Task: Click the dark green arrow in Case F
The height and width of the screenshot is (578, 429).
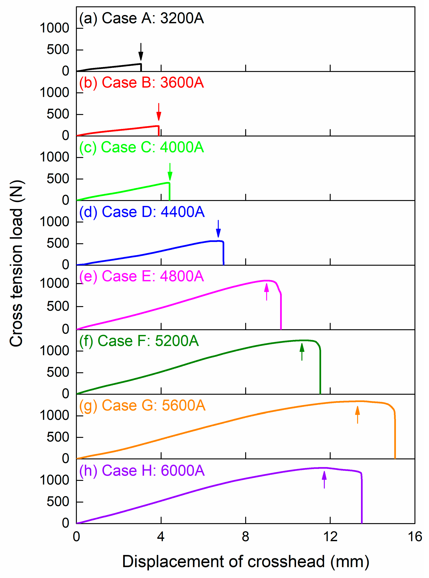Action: (302, 352)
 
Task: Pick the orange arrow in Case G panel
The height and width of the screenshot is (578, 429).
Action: (358, 415)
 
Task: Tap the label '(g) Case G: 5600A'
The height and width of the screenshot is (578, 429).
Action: (142, 405)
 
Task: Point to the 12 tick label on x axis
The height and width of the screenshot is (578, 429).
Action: (330, 536)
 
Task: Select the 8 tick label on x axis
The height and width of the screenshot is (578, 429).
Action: (245, 536)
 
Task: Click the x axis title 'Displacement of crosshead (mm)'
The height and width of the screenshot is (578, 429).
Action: (245, 561)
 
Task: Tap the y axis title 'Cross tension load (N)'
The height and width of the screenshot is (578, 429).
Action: (16, 263)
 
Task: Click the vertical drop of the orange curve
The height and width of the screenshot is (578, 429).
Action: (395, 439)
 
